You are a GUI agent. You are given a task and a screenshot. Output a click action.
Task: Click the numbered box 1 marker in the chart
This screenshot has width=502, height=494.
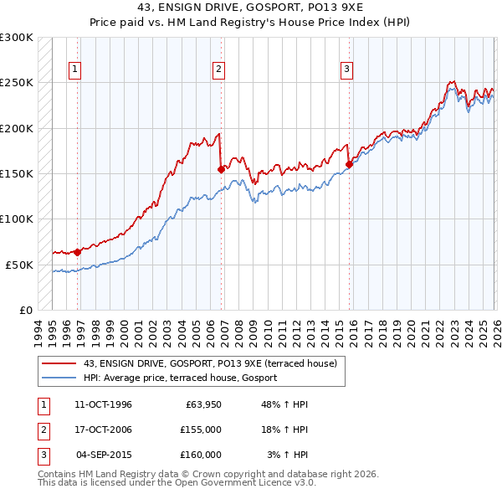click(75, 69)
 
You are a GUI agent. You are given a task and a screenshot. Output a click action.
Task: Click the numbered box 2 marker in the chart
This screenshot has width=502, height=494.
click(218, 69)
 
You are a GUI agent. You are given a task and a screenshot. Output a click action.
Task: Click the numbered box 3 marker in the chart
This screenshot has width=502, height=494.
click(346, 69)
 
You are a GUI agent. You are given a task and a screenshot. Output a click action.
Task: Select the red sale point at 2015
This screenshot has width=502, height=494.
click(349, 165)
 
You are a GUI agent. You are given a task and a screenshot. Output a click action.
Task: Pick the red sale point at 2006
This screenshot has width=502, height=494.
click(221, 169)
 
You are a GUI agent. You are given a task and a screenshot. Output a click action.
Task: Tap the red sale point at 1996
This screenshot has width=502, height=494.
click(78, 251)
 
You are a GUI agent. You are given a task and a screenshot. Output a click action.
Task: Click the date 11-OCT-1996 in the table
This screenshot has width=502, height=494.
click(103, 404)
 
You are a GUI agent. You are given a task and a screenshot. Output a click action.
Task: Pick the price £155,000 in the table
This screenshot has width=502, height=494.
click(201, 430)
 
